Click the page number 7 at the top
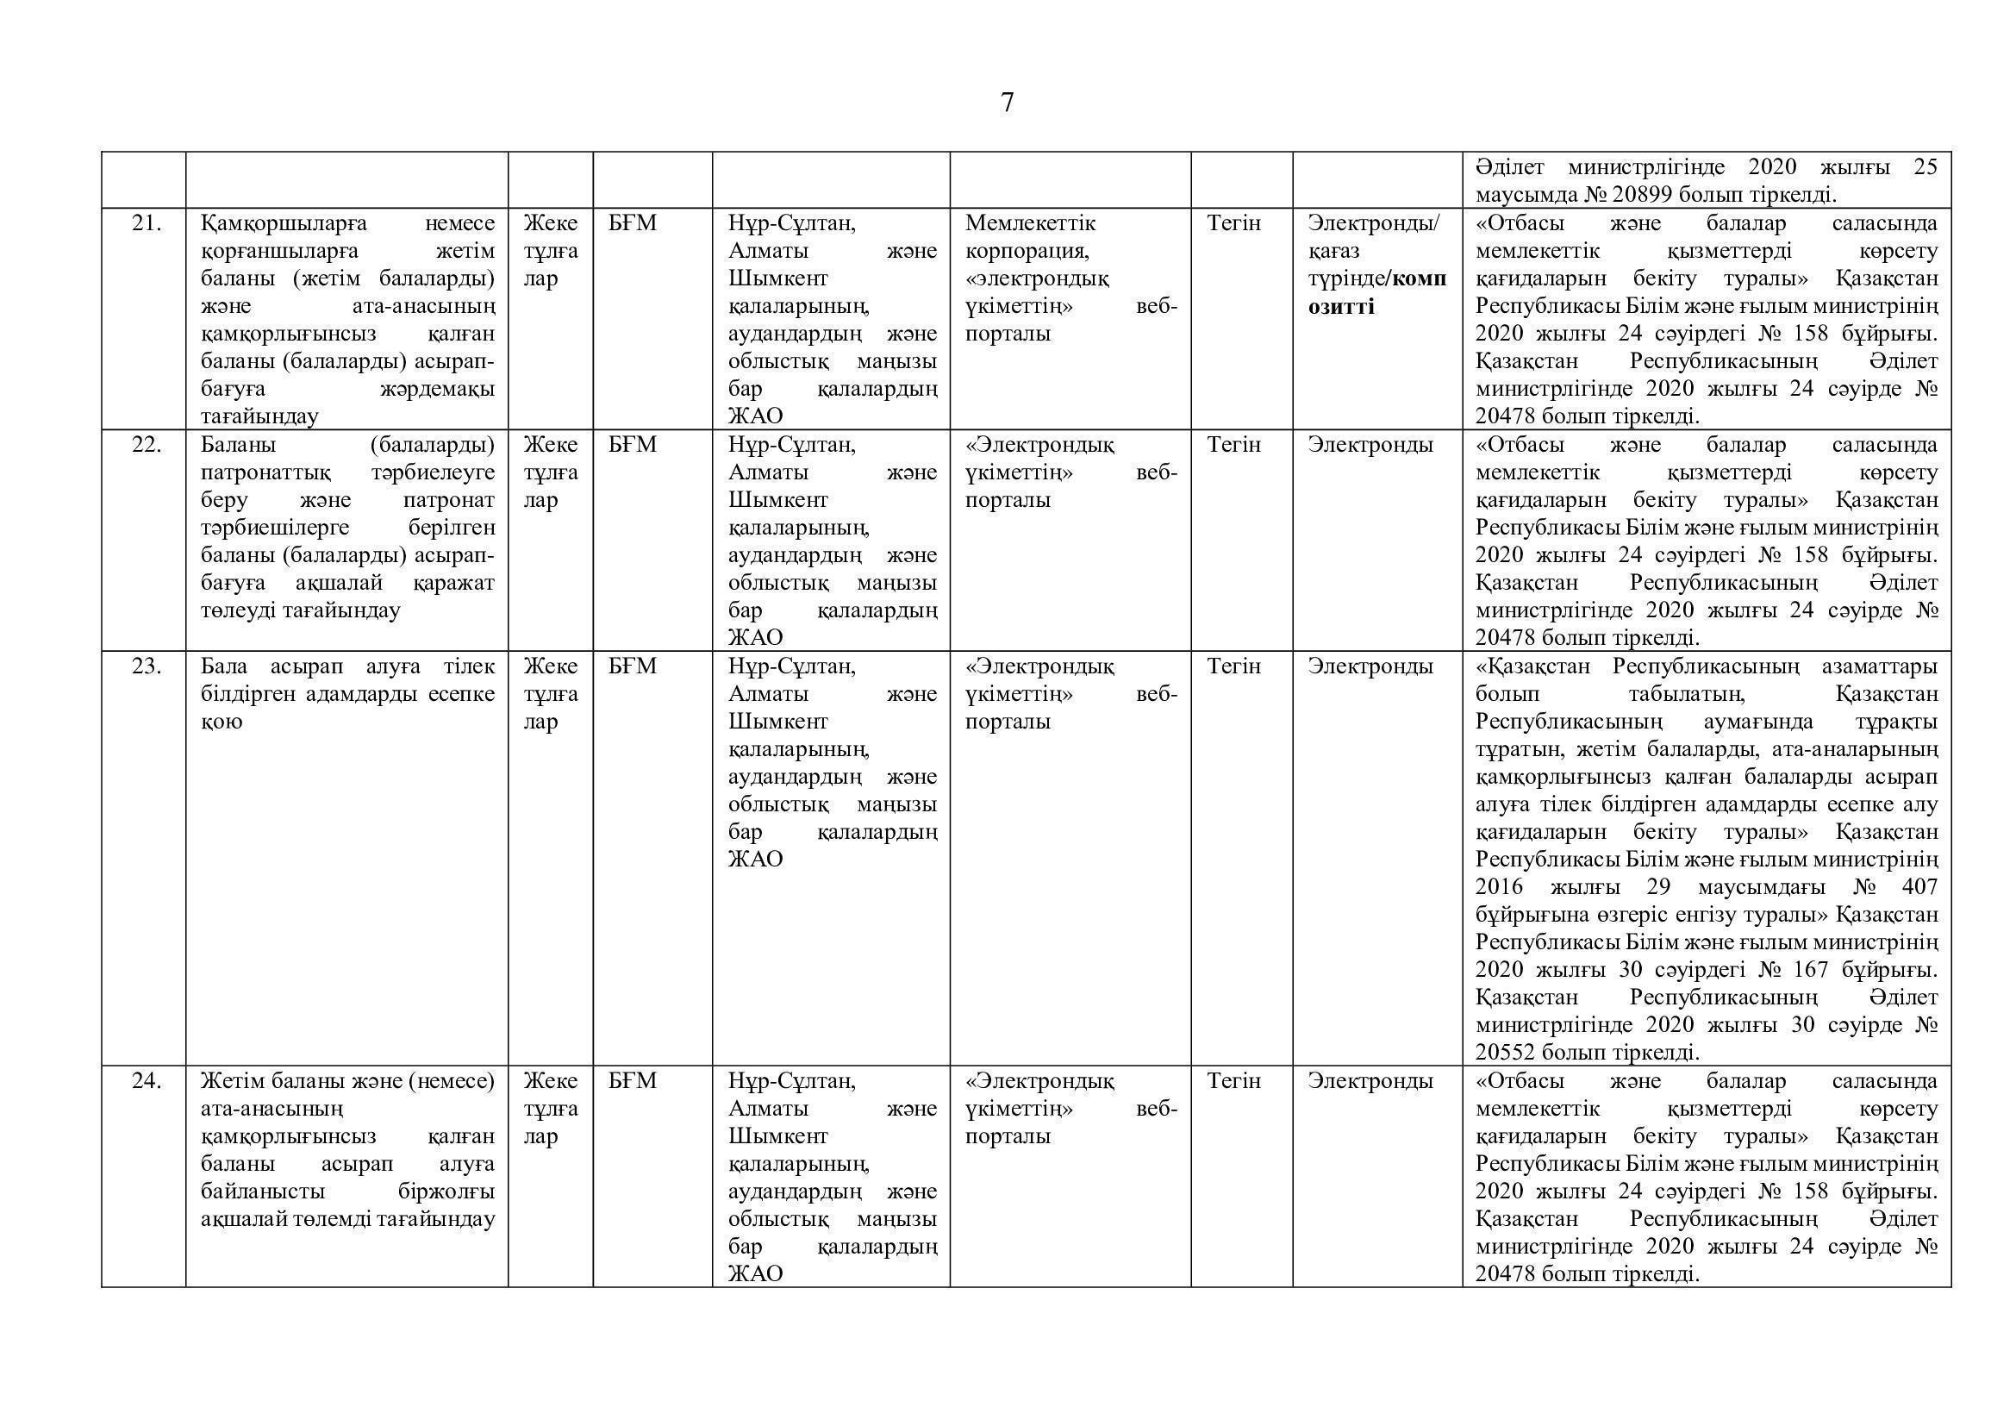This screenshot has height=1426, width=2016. pyautogui.click(x=1007, y=103)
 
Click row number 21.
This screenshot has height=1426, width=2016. pyautogui.click(x=147, y=224)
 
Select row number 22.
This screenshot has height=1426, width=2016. pyautogui.click(x=147, y=445)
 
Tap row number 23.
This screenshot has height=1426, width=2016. pyautogui.click(x=147, y=666)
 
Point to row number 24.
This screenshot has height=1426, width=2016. pyautogui.click(x=147, y=1081)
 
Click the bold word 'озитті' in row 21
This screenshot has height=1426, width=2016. pyautogui.click(x=1341, y=306)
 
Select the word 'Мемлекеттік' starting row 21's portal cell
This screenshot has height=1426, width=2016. pyautogui.click(x=1030, y=224)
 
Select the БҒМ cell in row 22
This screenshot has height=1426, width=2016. pyautogui.click(x=632, y=445)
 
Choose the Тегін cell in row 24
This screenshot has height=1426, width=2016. pyautogui.click(x=1233, y=1081)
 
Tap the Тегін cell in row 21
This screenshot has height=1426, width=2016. pyautogui.click(x=1233, y=224)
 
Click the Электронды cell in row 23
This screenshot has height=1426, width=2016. pyautogui.click(x=1370, y=666)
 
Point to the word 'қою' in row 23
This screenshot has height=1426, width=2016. pyautogui.click(x=222, y=722)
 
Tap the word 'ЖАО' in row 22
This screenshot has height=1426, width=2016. pyautogui.click(x=755, y=637)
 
